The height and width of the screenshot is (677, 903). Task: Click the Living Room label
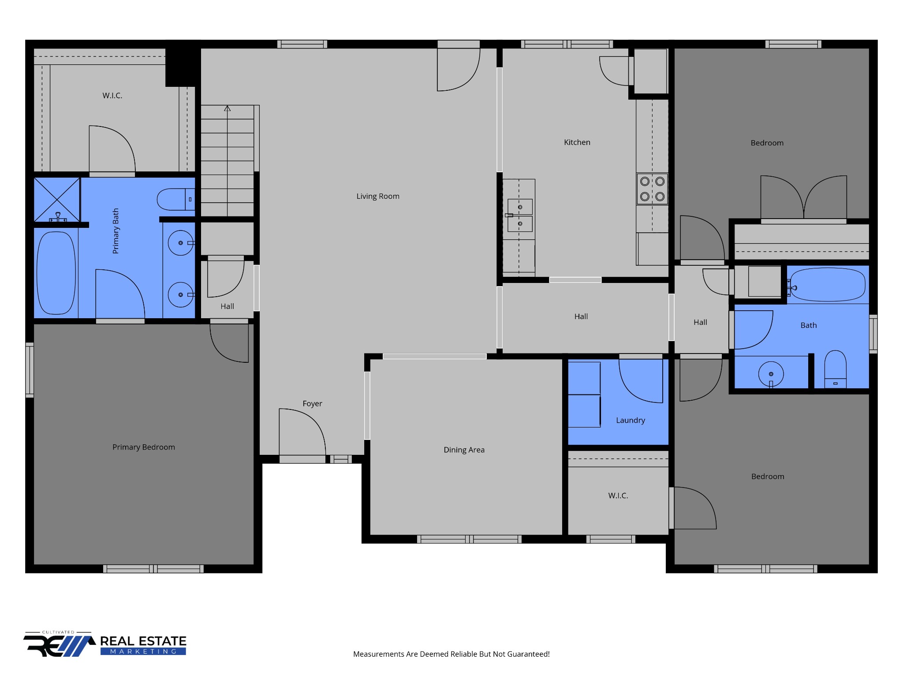(378, 196)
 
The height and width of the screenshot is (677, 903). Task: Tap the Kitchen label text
(577, 142)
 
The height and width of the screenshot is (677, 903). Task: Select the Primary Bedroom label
(143, 447)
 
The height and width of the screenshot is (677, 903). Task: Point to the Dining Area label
(464, 450)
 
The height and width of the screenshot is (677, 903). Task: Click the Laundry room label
(631, 420)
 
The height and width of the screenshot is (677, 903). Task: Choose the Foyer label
(312, 404)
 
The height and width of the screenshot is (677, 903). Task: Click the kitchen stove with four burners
(652, 189)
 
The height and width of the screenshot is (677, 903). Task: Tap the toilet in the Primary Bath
(176, 199)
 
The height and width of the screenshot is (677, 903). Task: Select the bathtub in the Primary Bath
(56, 273)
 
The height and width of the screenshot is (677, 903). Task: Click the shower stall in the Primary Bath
(57, 200)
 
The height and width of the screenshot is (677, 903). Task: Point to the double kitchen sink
(519, 215)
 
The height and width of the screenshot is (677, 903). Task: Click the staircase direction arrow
(227, 108)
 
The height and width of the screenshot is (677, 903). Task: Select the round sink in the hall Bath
(771, 374)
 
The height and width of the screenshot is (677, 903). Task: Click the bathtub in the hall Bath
(828, 284)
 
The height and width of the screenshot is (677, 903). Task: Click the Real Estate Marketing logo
(105, 644)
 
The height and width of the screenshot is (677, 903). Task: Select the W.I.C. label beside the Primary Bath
(112, 96)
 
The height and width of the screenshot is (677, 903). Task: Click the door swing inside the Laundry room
(641, 381)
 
